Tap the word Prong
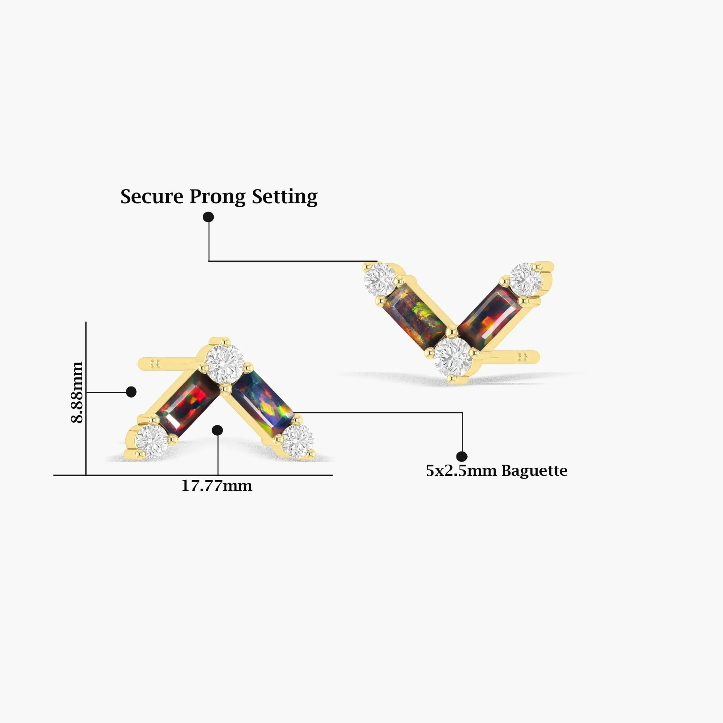[x=217, y=197]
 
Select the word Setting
[x=285, y=197]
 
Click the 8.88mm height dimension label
[x=77, y=392]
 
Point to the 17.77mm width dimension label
[x=217, y=486]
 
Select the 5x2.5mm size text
[x=462, y=471]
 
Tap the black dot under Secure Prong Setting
[x=208, y=217]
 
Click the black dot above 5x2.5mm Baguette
[x=462, y=456]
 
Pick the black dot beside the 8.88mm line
[x=131, y=392]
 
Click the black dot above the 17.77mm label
[x=217, y=430]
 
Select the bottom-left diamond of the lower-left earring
[x=151, y=442]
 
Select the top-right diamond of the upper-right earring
[x=526, y=279]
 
